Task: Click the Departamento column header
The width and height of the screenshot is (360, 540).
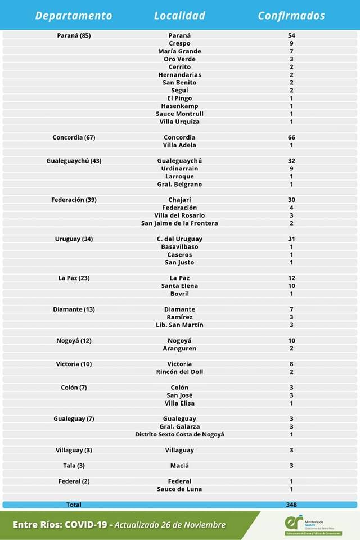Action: coord(74,16)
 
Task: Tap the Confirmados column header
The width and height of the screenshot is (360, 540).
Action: coord(291,16)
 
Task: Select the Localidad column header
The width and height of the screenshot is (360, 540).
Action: coord(179,16)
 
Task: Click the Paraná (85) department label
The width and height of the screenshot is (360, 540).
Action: coord(74,35)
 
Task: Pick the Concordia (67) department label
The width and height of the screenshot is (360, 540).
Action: coord(74,137)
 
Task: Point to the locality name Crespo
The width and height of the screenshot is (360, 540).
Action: coord(179,43)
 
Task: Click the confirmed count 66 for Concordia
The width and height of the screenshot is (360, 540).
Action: coord(291,137)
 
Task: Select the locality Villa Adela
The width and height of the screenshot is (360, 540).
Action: coord(179,145)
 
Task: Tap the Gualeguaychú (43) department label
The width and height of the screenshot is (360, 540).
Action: coord(74,161)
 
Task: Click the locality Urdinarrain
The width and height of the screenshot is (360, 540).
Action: coord(179,169)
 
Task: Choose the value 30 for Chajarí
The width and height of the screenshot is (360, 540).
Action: coord(291,200)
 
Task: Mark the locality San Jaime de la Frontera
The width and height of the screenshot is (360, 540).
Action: coord(179,223)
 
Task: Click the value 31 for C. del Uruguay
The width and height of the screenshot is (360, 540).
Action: coord(291,239)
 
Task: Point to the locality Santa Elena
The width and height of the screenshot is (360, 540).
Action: coord(179,286)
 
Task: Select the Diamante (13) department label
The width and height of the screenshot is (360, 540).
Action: coord(74,309)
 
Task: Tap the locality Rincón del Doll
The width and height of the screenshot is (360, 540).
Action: coord(179,372)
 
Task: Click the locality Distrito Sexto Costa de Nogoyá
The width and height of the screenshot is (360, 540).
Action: coord(179,434)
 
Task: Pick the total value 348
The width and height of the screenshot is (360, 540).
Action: coord(291,505)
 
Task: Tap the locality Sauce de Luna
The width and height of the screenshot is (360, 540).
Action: coord(179,489)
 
